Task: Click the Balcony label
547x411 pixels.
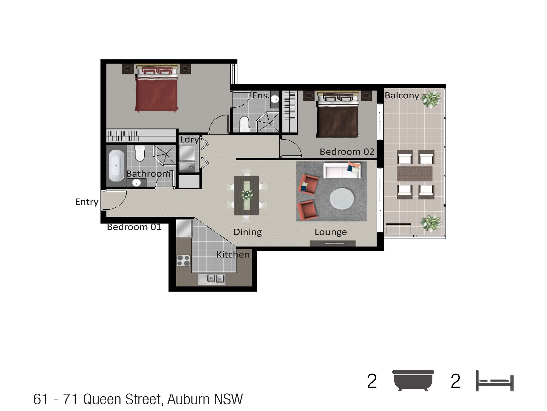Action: pyautogui.click(x=402, y=95)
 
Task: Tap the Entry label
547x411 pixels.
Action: pyautogui.click(x=87, y=202)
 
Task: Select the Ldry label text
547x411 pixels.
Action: pyautogui.click(x=189, y=140)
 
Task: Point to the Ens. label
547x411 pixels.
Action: pyautogui.click(x=261, y=95)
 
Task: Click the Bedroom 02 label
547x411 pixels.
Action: pyautogui.click(x=347, y=152)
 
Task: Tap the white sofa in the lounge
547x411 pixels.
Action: pyautogui.click(x=342, y=170)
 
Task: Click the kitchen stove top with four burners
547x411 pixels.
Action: pyautogui.click(x=183, y=260)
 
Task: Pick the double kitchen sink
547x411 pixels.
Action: pyautogui.click(x=215, y=279)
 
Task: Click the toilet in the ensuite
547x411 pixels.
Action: pyautogui.click(x=244, y=124)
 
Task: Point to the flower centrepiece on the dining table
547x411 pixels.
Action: pyautogui.click(x=247, y=195)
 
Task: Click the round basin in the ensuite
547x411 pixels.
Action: pyautogui.click(x=275, y=99)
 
